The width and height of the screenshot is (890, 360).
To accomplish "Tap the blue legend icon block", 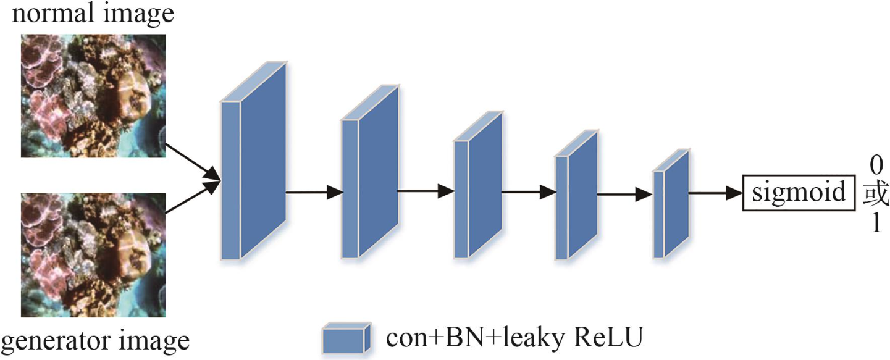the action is (346, 338).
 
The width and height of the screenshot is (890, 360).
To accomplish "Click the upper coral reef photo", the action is (93, 95).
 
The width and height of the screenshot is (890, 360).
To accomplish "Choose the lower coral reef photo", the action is (93, 255).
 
